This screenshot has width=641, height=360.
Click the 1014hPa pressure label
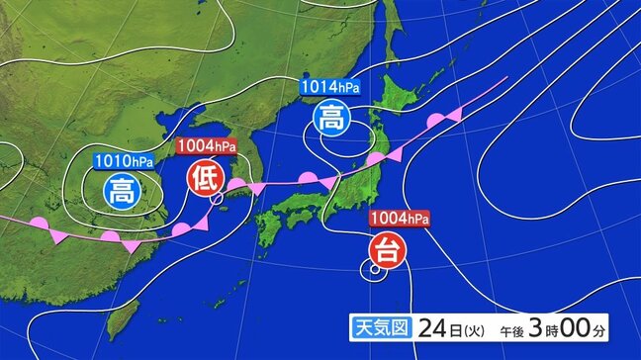330,87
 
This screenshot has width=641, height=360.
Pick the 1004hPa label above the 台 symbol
398,218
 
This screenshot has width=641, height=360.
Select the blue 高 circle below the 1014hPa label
329,119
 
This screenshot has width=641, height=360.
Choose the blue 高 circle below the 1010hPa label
123,188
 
